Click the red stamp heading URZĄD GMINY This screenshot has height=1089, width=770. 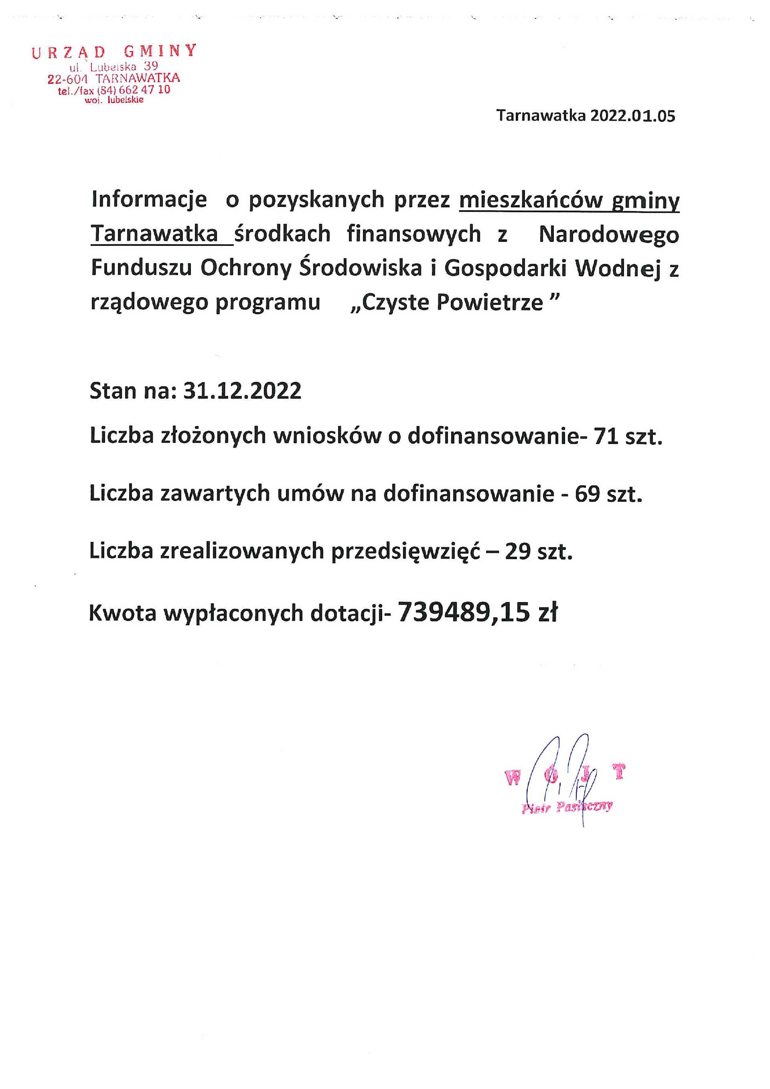pos(114,51)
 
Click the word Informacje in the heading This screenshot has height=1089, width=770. pos(149,200)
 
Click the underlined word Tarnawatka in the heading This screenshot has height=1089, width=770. pos(154,234)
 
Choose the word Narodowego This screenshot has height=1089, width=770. pos(609,234)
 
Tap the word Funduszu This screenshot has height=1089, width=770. pos(141,268)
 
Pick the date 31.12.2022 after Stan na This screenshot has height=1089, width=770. pos(242,391)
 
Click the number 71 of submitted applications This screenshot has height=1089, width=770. pos(606,436)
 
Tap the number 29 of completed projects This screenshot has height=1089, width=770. pos(517,552)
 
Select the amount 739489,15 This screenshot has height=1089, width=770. pos(463,612)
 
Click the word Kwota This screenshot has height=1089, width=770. pos(122,613)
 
